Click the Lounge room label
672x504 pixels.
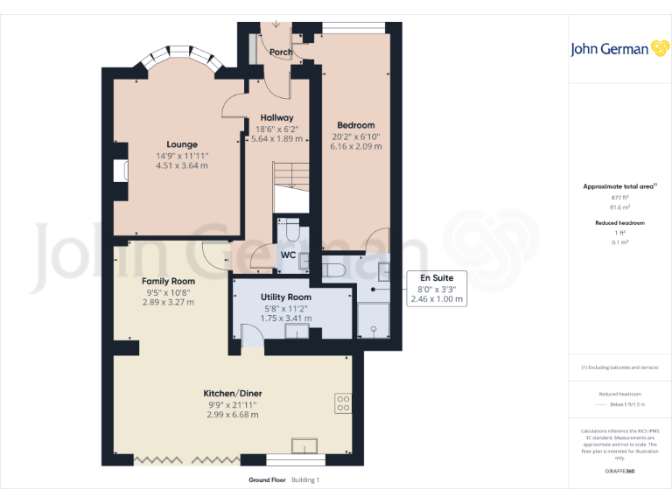[x=182, y=144]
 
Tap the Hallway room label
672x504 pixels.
[x=276, y=117]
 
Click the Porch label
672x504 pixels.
[x=281, y=52]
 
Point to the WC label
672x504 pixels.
[x=287, y=255]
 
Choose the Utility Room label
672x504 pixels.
[x=286, y=297]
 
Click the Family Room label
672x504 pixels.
[x=168, y=281]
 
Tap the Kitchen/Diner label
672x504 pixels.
[x=233, y=393]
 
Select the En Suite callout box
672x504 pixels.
[x=437, y=288]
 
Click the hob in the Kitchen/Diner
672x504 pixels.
[x=343, y=403]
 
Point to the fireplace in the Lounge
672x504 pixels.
[x=118, y=170]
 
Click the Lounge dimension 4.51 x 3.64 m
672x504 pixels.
[x=182, y=165]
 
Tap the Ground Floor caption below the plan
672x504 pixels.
[x=268, y=480]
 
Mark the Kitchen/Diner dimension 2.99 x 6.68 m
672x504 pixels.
[x=233, y=414]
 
